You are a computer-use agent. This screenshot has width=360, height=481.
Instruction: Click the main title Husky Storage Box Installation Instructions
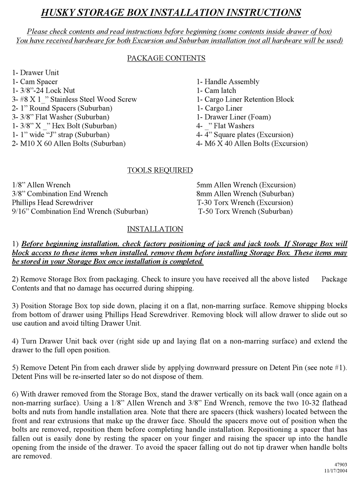coord(171,13)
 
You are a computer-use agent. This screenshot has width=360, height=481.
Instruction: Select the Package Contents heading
coord(166,58)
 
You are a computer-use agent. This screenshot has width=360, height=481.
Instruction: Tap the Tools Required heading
coord(160,170)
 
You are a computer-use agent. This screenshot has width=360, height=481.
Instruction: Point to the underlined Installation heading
coord(155,229)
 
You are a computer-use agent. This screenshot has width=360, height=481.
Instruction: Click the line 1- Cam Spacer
coord(35,82)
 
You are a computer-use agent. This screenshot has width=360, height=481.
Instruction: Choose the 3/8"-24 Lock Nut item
coord(43,91)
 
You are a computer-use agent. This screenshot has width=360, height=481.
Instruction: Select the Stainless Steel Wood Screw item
coord(74,99)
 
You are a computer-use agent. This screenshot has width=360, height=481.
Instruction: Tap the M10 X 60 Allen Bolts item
coord(69,143)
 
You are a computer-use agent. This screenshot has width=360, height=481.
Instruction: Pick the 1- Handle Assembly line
coord(228,82)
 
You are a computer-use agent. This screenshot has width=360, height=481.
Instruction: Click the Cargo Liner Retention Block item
coord(245,99)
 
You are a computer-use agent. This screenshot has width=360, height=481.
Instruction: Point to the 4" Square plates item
coord(245,135)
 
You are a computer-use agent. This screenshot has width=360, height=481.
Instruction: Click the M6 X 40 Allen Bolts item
coord(252,143)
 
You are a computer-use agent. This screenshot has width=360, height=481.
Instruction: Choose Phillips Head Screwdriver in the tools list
coord(52,203)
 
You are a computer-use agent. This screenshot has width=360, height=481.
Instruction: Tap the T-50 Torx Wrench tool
coord(246,211)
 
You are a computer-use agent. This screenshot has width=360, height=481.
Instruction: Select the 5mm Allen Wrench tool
coord(246,185)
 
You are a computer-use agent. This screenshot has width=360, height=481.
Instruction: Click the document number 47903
coord(341,465)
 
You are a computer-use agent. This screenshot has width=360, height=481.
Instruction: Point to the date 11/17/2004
coord(335,470)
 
